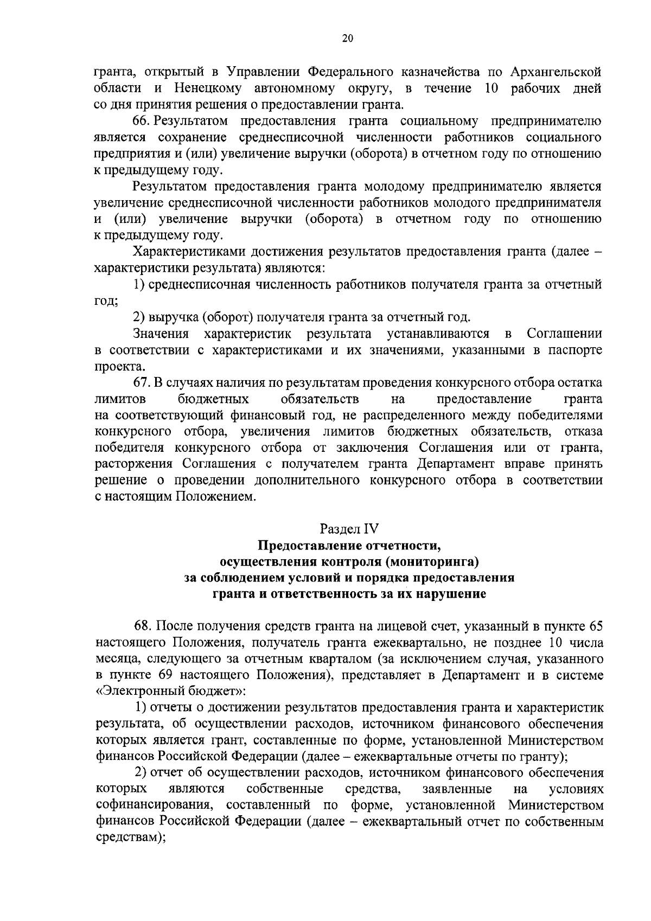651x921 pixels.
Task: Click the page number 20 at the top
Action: coord(348,38)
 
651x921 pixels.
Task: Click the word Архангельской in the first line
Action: coord(556,72)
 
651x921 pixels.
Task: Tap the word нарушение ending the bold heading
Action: coord(451,593)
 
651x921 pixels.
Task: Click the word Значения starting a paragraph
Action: coord(161,333)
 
